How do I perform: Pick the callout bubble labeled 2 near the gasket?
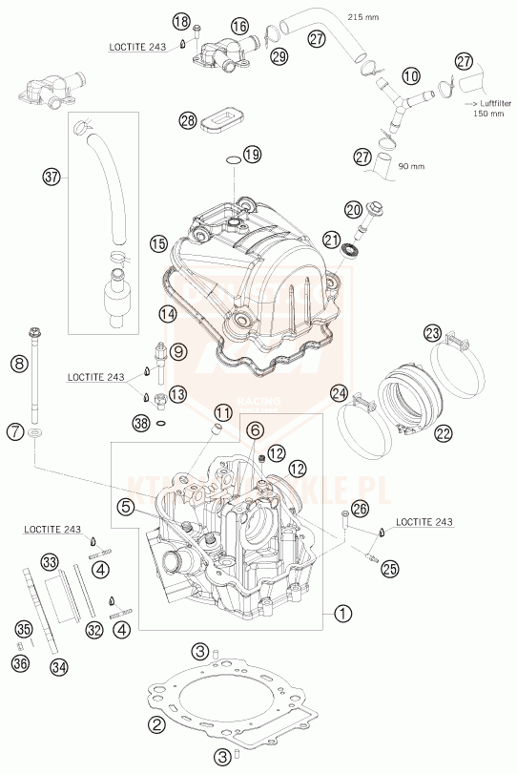(x=155, y=725)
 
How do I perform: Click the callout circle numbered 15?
(x=158, y=244)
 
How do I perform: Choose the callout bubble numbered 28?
(x=187, y=120)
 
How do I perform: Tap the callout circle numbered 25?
(x=388, y=569)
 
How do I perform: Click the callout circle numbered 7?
(x=15, y=432)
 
